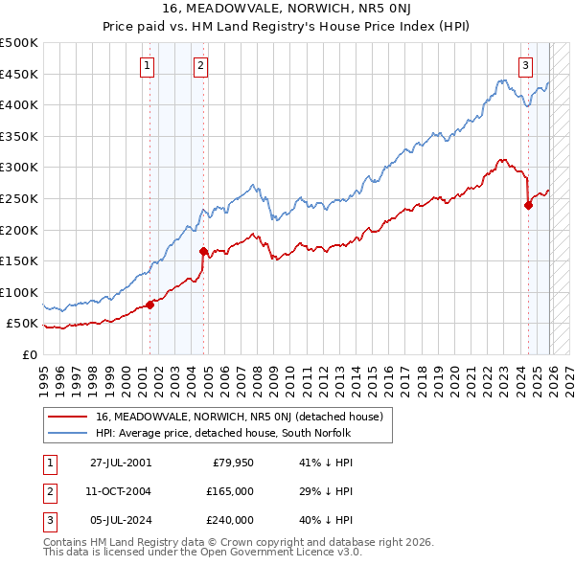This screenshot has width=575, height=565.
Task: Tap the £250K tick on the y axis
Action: point(19,198)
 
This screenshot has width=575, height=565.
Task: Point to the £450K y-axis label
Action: point(19,74)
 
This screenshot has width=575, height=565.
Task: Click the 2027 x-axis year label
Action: point(567,373)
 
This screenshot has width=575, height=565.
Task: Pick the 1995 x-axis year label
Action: point(44,373)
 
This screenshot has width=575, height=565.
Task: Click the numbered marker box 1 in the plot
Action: point(148,66)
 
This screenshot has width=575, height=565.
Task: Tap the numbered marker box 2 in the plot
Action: point(200,66)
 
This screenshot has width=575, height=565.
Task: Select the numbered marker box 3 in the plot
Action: point(526,66)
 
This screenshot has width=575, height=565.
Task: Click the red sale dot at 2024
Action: point(528,205)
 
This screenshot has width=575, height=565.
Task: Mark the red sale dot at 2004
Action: point(203,252)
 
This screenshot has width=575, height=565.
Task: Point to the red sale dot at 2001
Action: point(150,305)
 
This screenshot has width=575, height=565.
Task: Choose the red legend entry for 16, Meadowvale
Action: point(240,417)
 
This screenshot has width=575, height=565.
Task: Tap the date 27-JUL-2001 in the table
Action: point(121,463)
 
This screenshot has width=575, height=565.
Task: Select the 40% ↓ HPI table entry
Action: point(327,520)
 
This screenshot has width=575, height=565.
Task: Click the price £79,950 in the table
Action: point(231,463)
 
